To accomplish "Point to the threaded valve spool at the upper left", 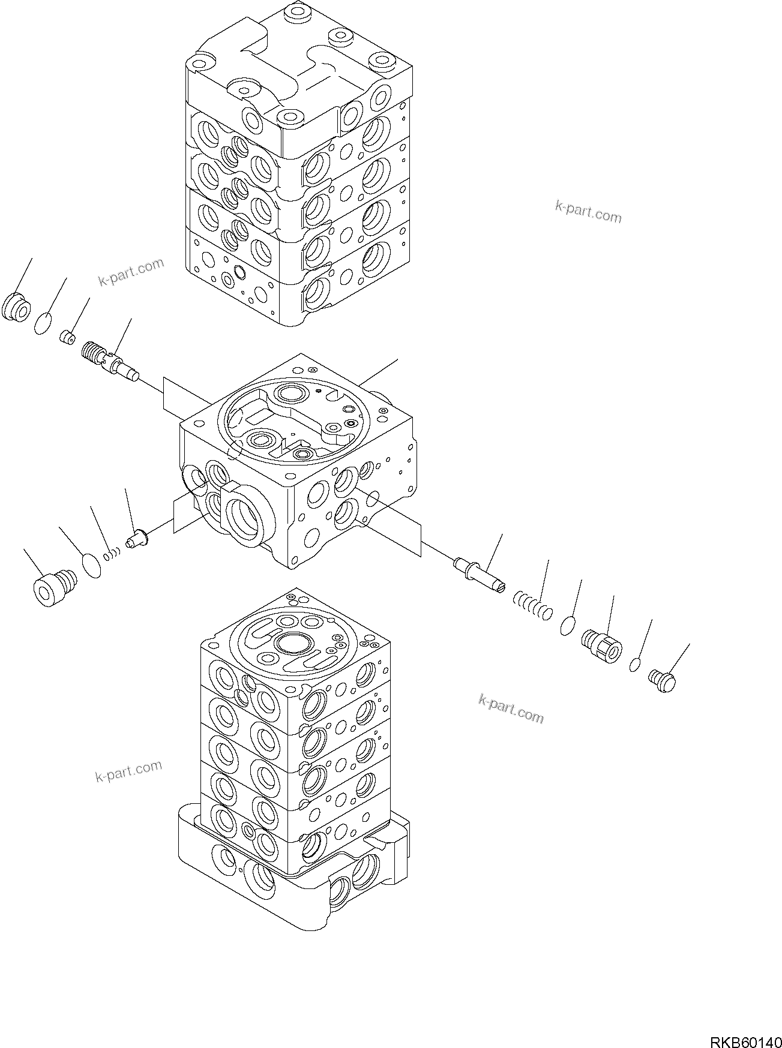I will (108, 361).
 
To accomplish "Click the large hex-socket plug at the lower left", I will (53, 584).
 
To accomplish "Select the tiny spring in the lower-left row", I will (111, 554).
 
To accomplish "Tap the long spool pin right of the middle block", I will (480, 575).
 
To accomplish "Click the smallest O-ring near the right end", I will (635, 665).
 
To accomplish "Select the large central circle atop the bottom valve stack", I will (293, 644).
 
